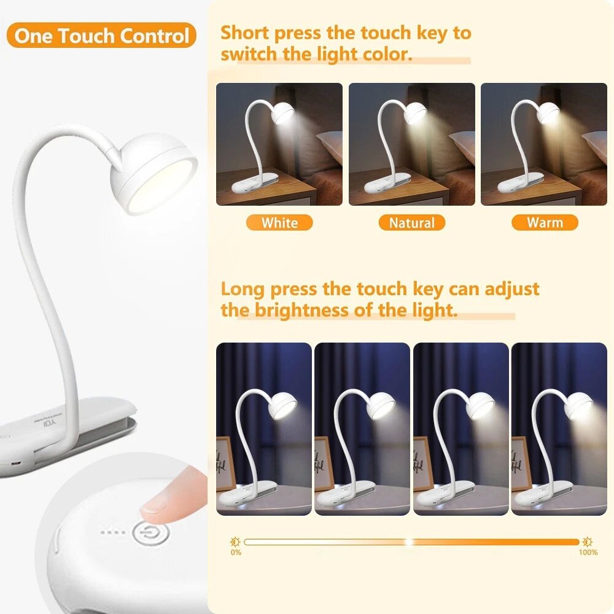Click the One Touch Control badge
(101, 36)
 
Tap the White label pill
(279, 222)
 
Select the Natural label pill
(411, 222)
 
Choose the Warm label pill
(545, 222)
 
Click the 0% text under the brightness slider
(236, 553)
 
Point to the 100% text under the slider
(588, 553)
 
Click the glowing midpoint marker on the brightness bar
(409, 542)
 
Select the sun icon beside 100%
(586, 542)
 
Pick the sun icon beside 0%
(235, 542)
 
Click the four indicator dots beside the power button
(113, 532)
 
